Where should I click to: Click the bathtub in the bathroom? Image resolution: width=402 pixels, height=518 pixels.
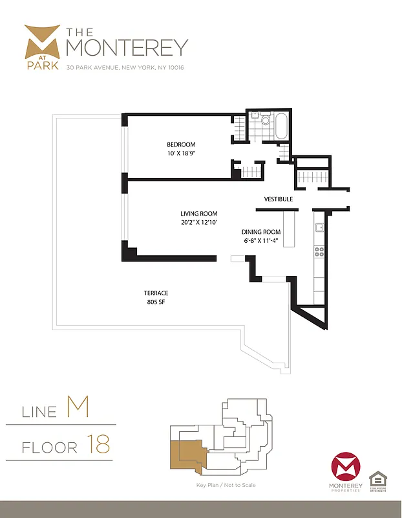click(282, 126)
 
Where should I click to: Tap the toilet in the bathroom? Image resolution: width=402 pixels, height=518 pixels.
click(265, 119)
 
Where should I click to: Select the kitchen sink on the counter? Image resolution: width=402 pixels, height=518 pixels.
click(319, 228)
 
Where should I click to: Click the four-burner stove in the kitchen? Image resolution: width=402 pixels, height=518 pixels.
click(319, 252)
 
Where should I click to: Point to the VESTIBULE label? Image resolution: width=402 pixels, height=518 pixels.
click(279, 199)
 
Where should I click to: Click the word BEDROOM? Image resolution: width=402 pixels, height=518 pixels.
click(181, 144)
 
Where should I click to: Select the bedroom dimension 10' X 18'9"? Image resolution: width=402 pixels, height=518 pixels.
click(181, 153)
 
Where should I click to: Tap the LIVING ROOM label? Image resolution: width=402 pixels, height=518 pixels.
click(198, 214)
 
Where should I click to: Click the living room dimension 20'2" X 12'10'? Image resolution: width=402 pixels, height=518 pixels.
click(198, 222)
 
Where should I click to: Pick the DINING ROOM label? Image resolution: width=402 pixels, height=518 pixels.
click(261, 232)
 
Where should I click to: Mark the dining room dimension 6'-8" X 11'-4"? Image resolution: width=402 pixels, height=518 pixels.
click(261, 240)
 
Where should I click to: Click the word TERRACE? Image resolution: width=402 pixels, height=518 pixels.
click(156, 293)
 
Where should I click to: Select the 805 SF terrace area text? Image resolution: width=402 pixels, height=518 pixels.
click(156, 302)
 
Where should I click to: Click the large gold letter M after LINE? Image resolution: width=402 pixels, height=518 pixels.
click(77, 408)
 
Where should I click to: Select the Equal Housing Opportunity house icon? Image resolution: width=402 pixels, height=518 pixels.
click(377, 480)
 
